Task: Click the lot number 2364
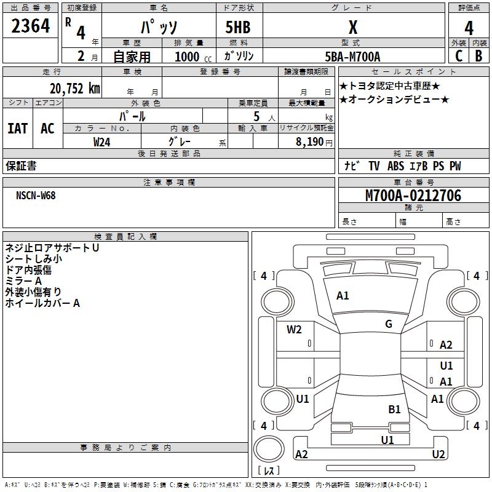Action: pyautogui.click(x=31, y=26)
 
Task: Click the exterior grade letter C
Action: pyautogui.click(x=458, y=56)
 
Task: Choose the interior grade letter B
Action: pyautogui.click(x=478, y=56)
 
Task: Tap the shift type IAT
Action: pyautogui.click(x=17, y=129)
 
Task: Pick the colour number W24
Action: pyautogui.click(x=102, y=142)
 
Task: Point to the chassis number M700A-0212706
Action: pyautogui.click(x=413, y=196)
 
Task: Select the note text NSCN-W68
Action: pyautogui.click(x=36, y=195)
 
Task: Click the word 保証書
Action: pyautogui.click(x=21, y=166)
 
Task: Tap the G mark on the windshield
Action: pyautogui.click(x=389, y=324)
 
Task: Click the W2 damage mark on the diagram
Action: pyautogui.click(x=294, y=330)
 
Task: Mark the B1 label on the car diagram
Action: pyautogui.click(x=394, y=409)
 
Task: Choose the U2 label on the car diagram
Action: pyautogui.click(x=438, y=454)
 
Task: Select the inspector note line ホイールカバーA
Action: pyautogui.click(x=42, y=303)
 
